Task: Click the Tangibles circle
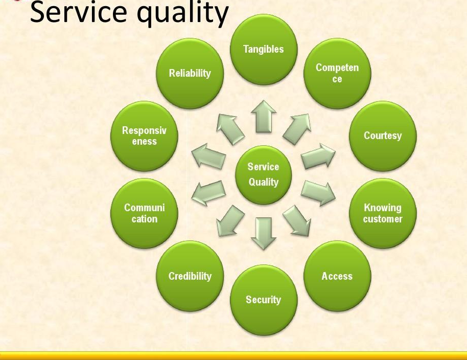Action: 264,50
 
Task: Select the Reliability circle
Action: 190,73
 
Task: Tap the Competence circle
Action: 337,73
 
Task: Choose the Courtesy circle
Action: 383,136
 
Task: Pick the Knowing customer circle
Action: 383,213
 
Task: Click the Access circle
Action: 337,276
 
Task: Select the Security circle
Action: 264,300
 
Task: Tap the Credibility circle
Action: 190,276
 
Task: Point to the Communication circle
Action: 144,213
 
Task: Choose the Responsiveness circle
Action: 144,136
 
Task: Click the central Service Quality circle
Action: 264,175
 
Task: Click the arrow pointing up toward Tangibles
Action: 264,117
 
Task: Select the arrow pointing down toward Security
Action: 264,233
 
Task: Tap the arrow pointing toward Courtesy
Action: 318,156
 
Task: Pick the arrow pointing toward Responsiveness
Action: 208,156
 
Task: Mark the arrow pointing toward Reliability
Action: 230,129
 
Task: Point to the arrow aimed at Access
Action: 297,220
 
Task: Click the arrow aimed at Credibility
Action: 230,220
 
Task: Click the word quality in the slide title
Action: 182,13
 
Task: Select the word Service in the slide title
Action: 79,12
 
